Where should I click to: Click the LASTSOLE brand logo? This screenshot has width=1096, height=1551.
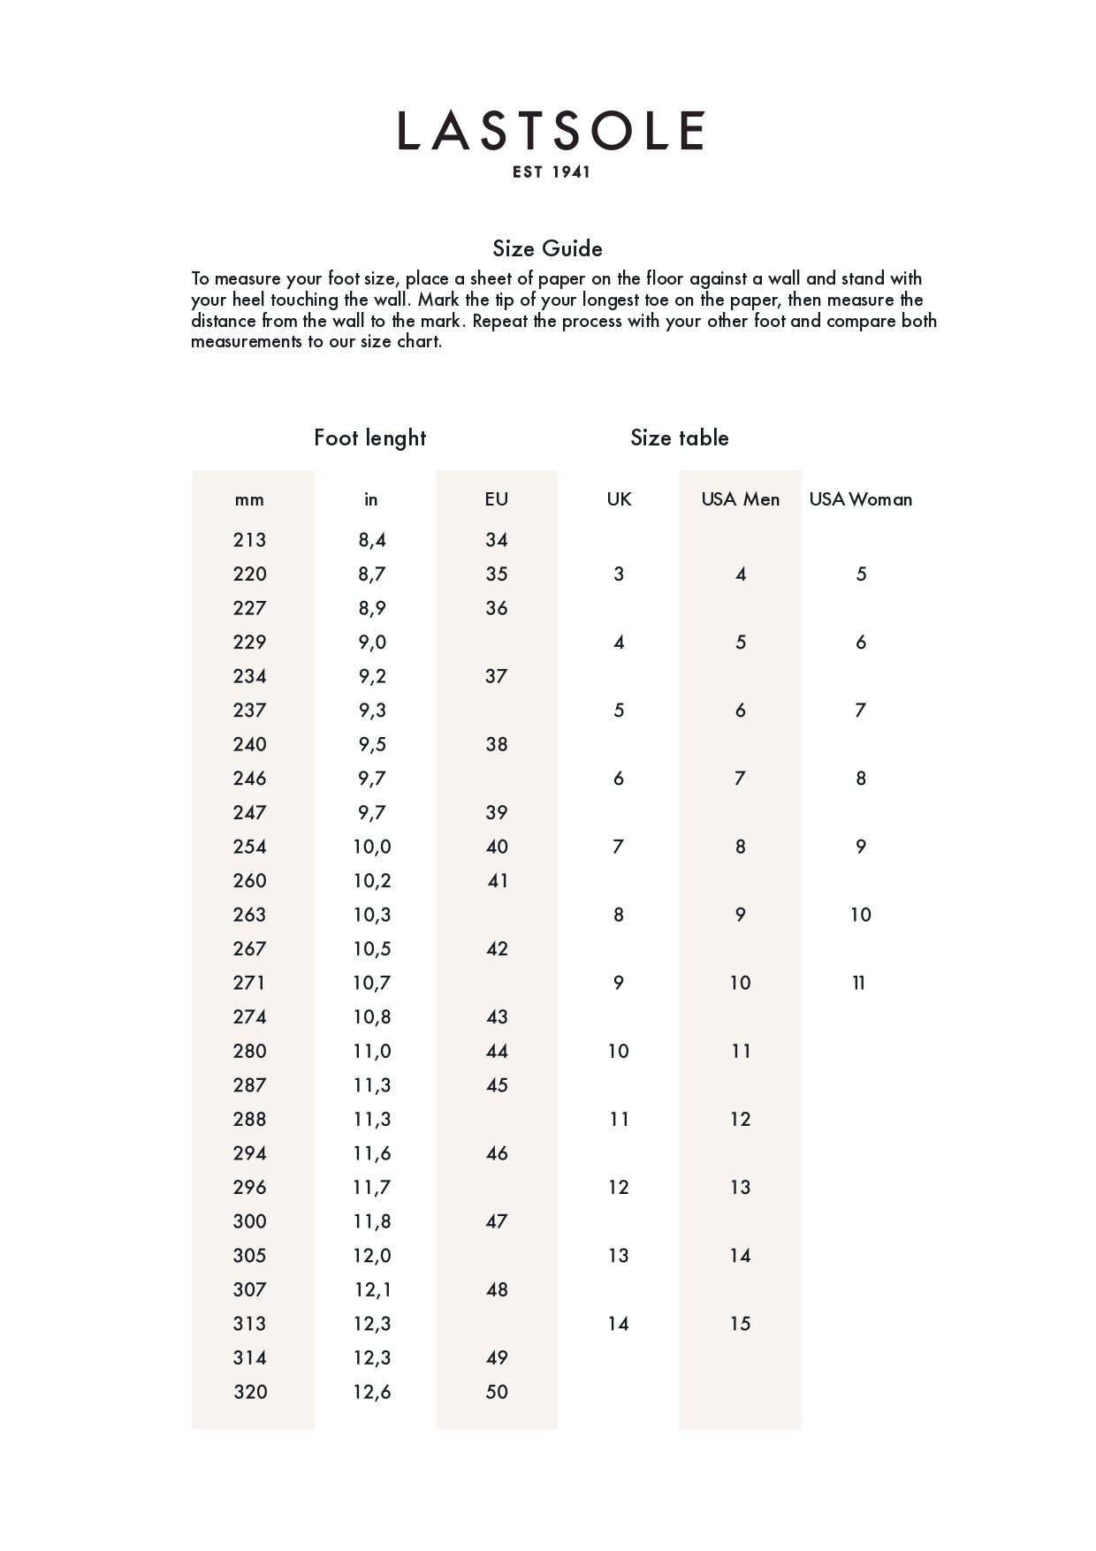coord(550,131)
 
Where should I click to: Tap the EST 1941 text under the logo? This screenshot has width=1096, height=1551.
coord(551,172)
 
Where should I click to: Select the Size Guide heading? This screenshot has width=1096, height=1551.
coord(547,248)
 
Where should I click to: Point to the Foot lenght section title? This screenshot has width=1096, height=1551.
coord(369,437)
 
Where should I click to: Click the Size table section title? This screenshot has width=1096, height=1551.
coord(679,437)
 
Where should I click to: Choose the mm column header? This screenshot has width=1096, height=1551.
coord(249,499)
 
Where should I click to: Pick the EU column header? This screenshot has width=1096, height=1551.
coord(496,499)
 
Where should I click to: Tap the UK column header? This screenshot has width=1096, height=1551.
coord(619,499)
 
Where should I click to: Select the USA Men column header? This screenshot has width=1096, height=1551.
coord(740,499)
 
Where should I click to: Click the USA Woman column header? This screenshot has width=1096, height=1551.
coord(860,499)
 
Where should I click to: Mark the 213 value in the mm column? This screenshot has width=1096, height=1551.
coord(249,540)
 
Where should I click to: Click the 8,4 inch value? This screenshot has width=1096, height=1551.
coord(372,540)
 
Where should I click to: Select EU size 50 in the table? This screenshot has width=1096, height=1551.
coord(497,1392)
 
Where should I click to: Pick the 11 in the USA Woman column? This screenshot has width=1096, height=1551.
coord(859,983)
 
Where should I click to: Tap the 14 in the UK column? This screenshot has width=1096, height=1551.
coord(618,1324)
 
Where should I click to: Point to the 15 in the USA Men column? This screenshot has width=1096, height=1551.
coord(740,1324)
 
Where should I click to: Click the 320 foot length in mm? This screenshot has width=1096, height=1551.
coord(250,1392)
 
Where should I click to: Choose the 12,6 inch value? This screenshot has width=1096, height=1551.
coord(372,1392)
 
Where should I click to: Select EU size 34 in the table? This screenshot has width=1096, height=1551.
coord(497,540)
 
